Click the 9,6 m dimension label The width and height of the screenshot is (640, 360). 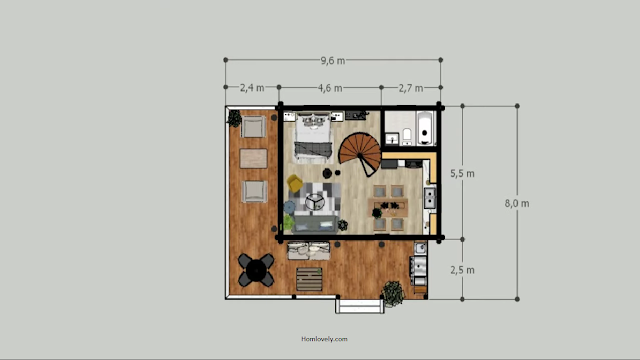(333, 61)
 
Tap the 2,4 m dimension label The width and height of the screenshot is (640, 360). (252, 88)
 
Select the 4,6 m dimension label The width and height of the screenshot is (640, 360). (330, 88)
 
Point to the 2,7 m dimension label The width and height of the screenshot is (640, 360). (411, 88)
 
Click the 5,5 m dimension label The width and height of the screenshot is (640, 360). (462, 173)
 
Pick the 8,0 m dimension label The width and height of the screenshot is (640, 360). (517, 203)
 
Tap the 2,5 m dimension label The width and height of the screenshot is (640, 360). (462, 270)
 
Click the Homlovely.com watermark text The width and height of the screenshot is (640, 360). (324, 339)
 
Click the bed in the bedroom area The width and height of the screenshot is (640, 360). (313, 138)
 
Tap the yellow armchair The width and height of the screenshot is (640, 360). (294, 183)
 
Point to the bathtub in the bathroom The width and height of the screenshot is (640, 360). (425, 128)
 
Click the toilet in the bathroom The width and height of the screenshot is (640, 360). (407, 136)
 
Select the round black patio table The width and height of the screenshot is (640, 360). (256, 270)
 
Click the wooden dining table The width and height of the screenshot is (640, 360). (388, 207)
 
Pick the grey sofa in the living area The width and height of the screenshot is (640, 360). (315, 224)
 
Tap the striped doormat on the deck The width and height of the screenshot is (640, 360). (309, 279)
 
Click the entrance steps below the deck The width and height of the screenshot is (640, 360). (360, 306)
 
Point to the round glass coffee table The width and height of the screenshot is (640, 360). (315, 202)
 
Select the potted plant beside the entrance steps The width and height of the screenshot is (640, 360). (392, 293)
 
